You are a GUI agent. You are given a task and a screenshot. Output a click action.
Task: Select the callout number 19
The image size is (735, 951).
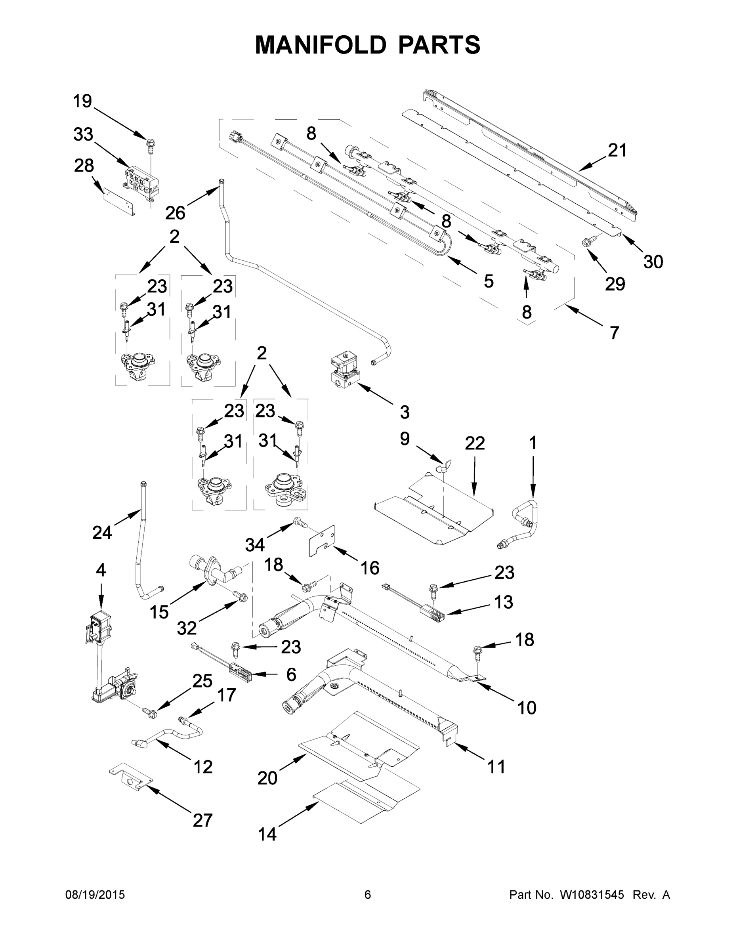pos(82,101)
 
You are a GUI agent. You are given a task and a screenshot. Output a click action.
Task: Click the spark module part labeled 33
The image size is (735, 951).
pos(139,185)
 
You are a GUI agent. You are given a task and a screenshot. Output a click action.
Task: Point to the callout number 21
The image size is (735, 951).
pos(617,150)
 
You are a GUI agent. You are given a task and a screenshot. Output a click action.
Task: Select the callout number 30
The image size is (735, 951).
pos(653,262)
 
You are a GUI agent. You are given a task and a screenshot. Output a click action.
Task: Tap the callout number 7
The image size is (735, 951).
pos(614,333)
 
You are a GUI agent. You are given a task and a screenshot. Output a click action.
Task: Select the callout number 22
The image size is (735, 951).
pos(475,443)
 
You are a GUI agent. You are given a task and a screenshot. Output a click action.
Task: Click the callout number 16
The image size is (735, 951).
pos(370,568)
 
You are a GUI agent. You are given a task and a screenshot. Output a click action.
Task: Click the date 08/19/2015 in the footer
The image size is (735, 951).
pos(95,894)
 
